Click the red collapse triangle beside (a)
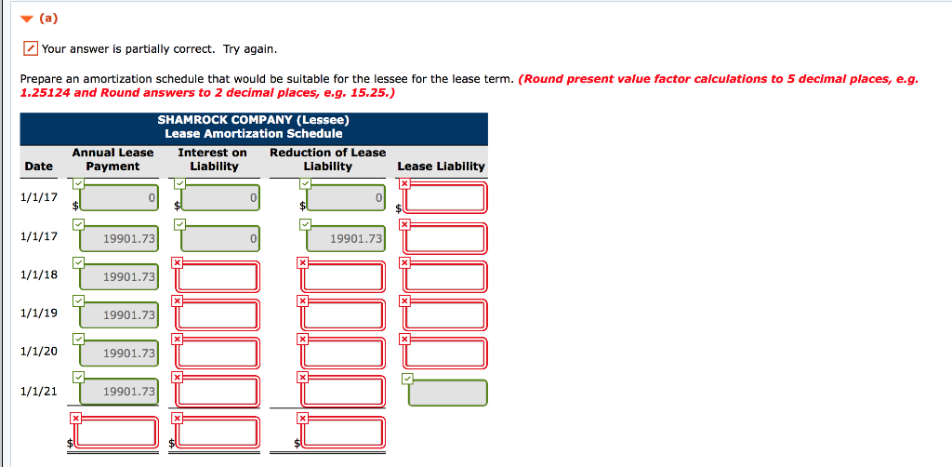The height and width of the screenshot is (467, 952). [27, 18]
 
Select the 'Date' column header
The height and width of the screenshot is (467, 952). [38, 166]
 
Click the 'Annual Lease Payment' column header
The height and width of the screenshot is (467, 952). [112, 159]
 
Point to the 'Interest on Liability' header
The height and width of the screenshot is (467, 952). [214, 159]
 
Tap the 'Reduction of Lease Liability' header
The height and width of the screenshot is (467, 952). [327, 159]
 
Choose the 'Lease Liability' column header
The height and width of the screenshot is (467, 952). [441, 166]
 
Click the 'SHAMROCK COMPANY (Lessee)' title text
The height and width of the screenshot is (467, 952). [253, 120]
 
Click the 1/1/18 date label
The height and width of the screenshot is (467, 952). [39, 274]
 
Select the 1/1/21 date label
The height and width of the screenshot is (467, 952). [39, 391]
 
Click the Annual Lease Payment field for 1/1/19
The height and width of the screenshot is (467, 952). [118, 315]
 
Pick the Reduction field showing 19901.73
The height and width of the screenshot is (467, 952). [344, 239]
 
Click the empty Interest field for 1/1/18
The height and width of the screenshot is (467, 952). [218, 276]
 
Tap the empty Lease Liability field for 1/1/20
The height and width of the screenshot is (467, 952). [445, 354]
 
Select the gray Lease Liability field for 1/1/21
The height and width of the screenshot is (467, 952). [448, 393]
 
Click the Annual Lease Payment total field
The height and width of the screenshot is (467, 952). [118, 432]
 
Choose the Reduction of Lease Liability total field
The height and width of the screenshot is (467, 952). [344, 432]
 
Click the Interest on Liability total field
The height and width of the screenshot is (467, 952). [218, 432]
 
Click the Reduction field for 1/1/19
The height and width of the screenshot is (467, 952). [344, 314]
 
